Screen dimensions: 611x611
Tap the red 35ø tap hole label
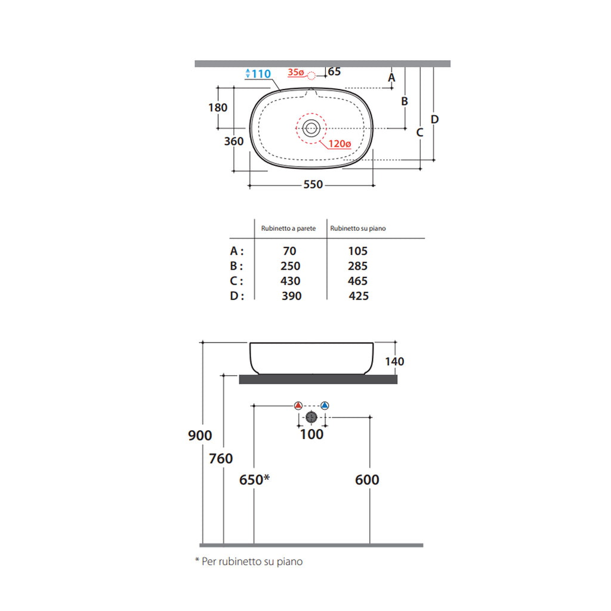(296, 72)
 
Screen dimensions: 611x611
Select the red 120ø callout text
(340, 144)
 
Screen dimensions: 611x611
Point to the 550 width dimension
(313, 184)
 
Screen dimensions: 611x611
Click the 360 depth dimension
(234, 141)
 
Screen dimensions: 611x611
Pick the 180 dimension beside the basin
(218, 107)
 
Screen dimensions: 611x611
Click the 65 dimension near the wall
(334, 72)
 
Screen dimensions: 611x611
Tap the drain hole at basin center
(311, 128)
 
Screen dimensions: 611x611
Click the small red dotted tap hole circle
(311, 76)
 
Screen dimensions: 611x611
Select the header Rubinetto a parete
(288, 229)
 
